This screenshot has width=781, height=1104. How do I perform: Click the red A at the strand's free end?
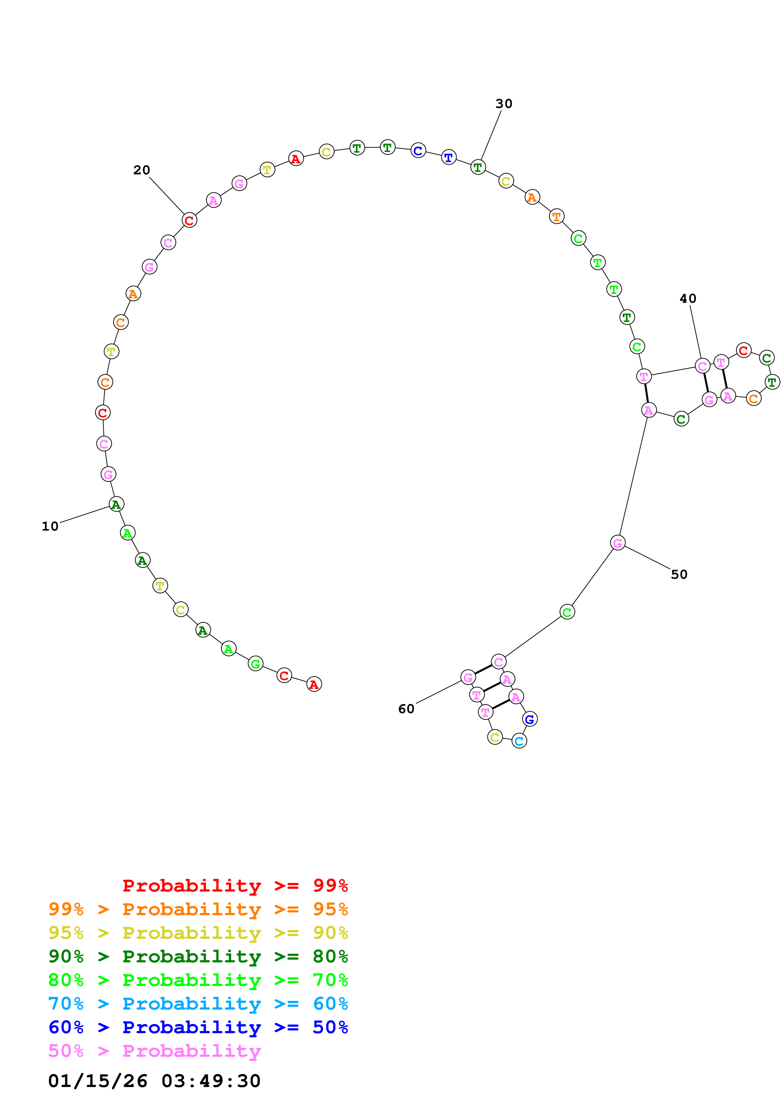314,684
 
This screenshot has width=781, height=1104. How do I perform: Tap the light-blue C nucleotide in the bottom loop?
519,741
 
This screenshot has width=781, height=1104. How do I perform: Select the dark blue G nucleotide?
529,719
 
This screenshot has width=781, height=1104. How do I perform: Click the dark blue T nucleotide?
449,157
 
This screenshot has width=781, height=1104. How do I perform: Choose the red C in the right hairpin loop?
744,351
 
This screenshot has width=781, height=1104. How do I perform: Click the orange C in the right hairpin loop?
754,399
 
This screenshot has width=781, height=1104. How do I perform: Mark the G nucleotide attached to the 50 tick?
617,543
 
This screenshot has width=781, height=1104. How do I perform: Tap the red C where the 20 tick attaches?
189,220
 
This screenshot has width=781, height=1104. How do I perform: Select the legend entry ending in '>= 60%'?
198,1004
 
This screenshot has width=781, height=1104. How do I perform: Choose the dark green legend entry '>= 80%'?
198,956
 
